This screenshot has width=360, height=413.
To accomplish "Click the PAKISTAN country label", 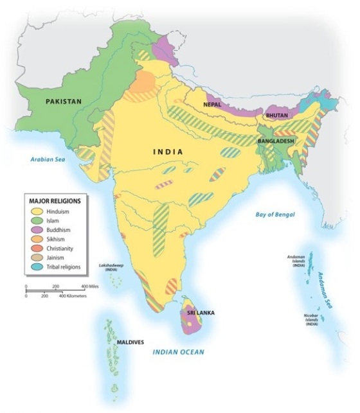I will pos(64,101).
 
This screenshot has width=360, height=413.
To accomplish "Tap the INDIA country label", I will pos(168,152).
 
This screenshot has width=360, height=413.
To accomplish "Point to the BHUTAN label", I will pos(276,116).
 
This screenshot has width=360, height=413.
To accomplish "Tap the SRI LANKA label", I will pos(201,312).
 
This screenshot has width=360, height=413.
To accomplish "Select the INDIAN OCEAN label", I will pos(178,351).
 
